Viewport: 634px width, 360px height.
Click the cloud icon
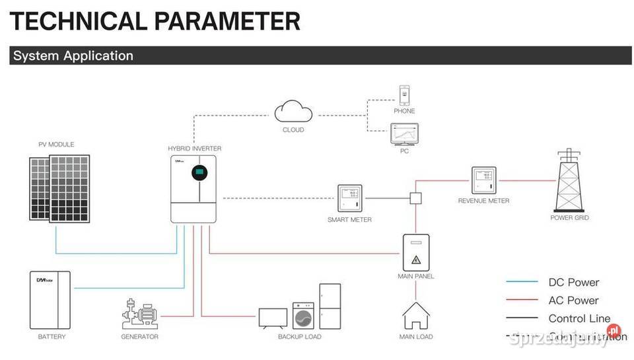pos(293,110)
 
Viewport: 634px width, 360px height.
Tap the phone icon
pos(404,94)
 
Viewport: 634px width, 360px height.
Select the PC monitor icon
pos(404,134)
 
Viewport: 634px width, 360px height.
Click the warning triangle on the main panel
pos(416,258)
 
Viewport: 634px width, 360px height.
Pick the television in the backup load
pos(273,318)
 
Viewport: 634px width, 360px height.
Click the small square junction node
pos(416,198)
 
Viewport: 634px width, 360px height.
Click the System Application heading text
pos(73,55)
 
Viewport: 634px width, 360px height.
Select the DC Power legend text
pos(573,282)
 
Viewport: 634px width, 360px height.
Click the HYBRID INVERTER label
pos(195,149)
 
